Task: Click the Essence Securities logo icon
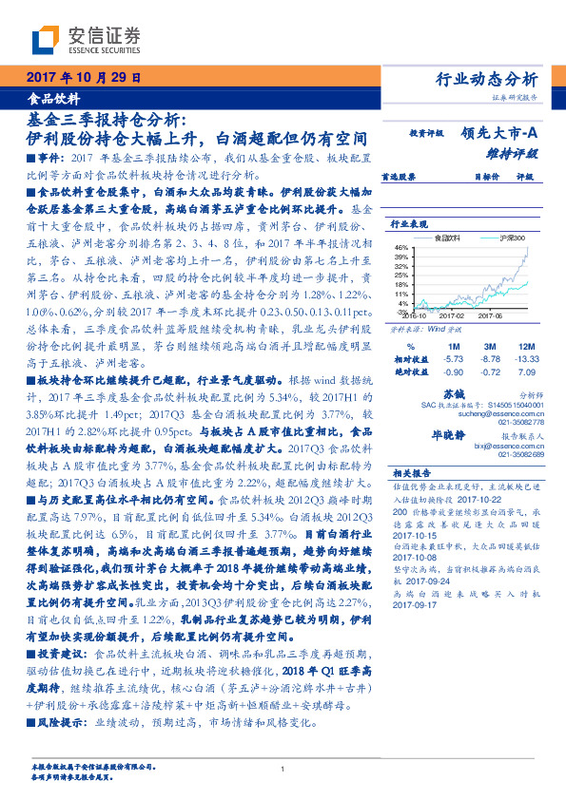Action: [44, 40]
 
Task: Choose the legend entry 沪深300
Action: [510, 238]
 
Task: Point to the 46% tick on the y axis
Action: [401, 247]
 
